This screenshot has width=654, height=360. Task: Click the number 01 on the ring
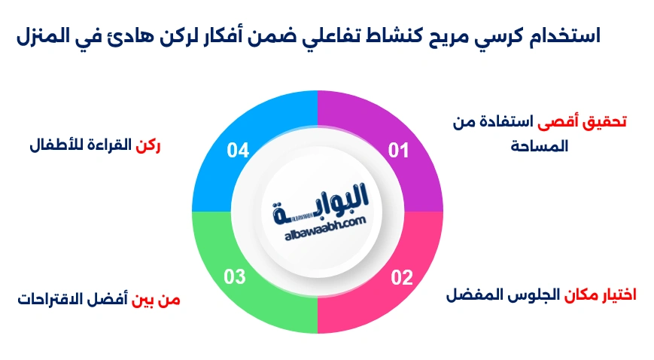tap(398, 151)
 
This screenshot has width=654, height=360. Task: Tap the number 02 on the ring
tap(402, 277)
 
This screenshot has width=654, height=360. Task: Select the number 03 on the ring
tap(235, 277)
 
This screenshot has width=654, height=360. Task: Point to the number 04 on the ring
tap(238, 151)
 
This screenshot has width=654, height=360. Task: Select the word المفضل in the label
tap(473, 294)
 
